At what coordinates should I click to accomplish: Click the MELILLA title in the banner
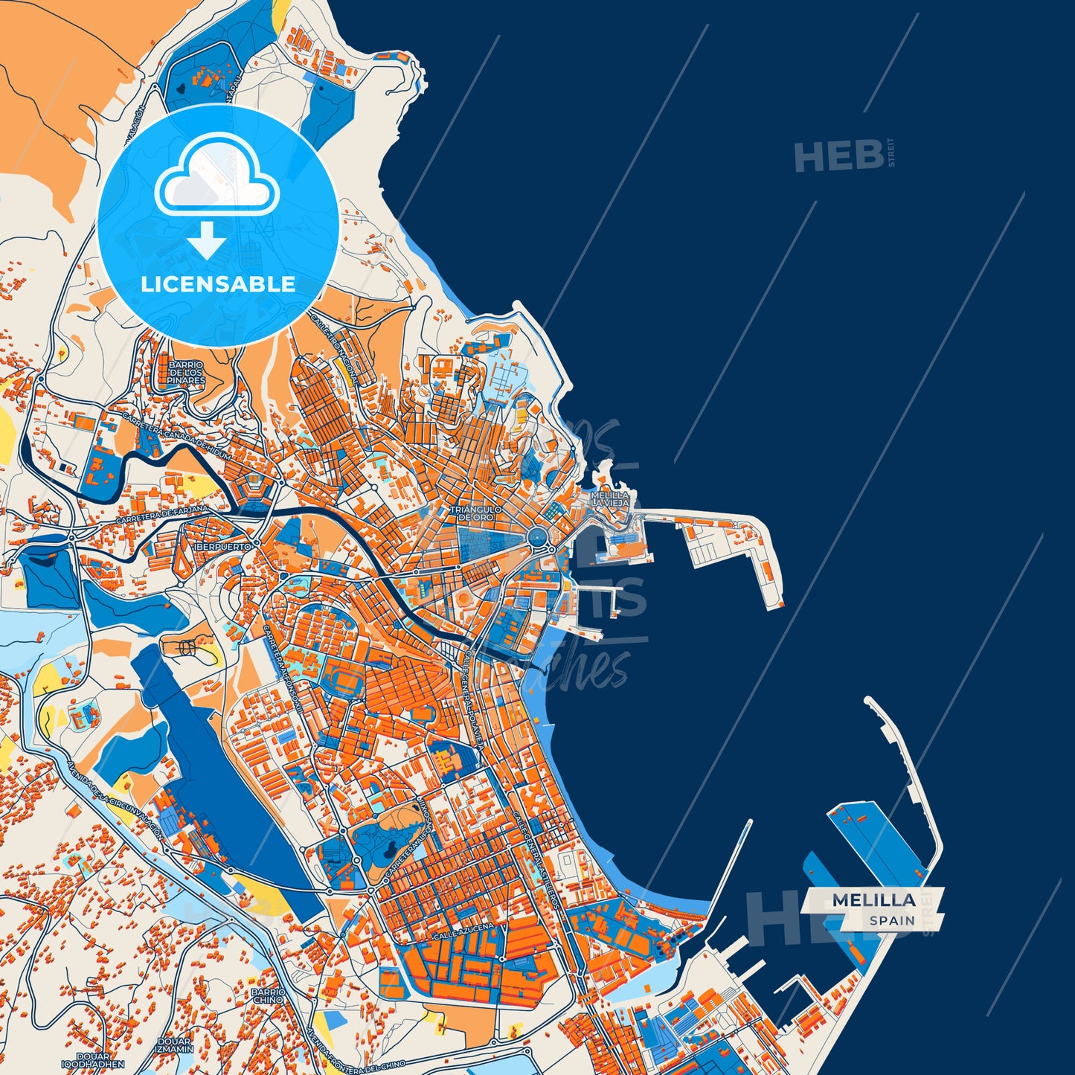(x=873, y=900)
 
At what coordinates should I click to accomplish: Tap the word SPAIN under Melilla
(x=892, y=921)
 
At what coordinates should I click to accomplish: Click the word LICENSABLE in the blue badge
(x=218, y=284)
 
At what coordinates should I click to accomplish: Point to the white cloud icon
(x=216, y=177)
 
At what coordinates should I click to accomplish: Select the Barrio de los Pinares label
(x=186, y=373)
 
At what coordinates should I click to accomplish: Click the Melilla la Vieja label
(x=610, y=499)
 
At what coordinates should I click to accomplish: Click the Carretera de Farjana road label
(x=162, y=515)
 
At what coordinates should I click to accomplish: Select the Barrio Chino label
(x=268, y=996)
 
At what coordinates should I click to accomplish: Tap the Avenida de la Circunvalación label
(x=115, y=800)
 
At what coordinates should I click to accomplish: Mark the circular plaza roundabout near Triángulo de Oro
(x=535, y=537)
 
